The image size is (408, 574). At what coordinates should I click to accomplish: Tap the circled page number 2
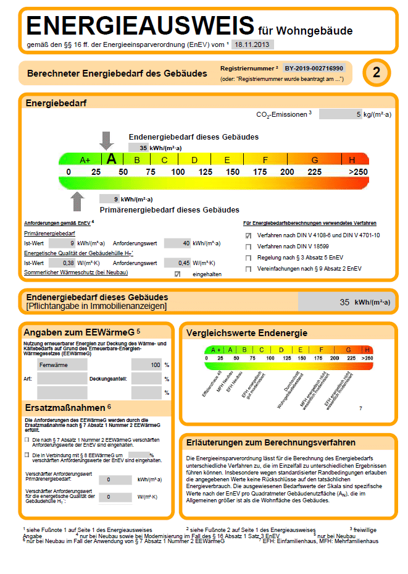click(376, 73)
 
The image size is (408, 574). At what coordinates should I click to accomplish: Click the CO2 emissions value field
click(341, 114)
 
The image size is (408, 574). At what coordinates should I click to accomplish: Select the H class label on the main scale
click(352, 159)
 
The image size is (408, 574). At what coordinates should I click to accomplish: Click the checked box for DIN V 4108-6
click(249, 235)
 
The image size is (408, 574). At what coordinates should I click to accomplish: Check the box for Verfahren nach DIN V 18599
click(249, 247)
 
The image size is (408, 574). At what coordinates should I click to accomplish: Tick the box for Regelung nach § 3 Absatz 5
click(249, 258)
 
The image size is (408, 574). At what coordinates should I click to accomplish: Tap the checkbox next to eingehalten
click(177, 274)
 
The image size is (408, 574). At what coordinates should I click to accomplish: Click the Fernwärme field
click(62, 365)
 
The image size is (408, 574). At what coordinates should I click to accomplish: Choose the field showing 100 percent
click(146, 365)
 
